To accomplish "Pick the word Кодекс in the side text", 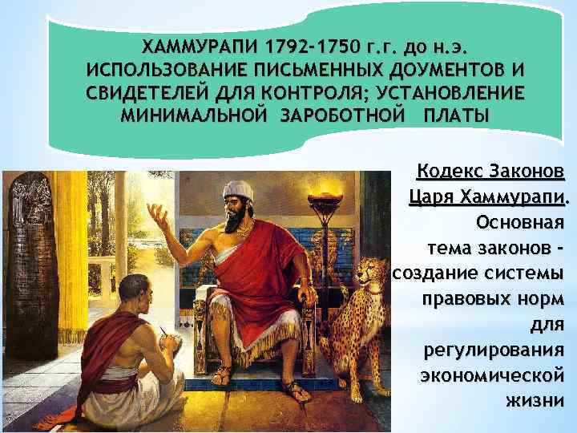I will tap(449, 172).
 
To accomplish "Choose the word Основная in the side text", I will tap(519, 220).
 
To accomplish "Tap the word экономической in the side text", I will tap(490, 374).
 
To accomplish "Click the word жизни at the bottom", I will tap(535, 399).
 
